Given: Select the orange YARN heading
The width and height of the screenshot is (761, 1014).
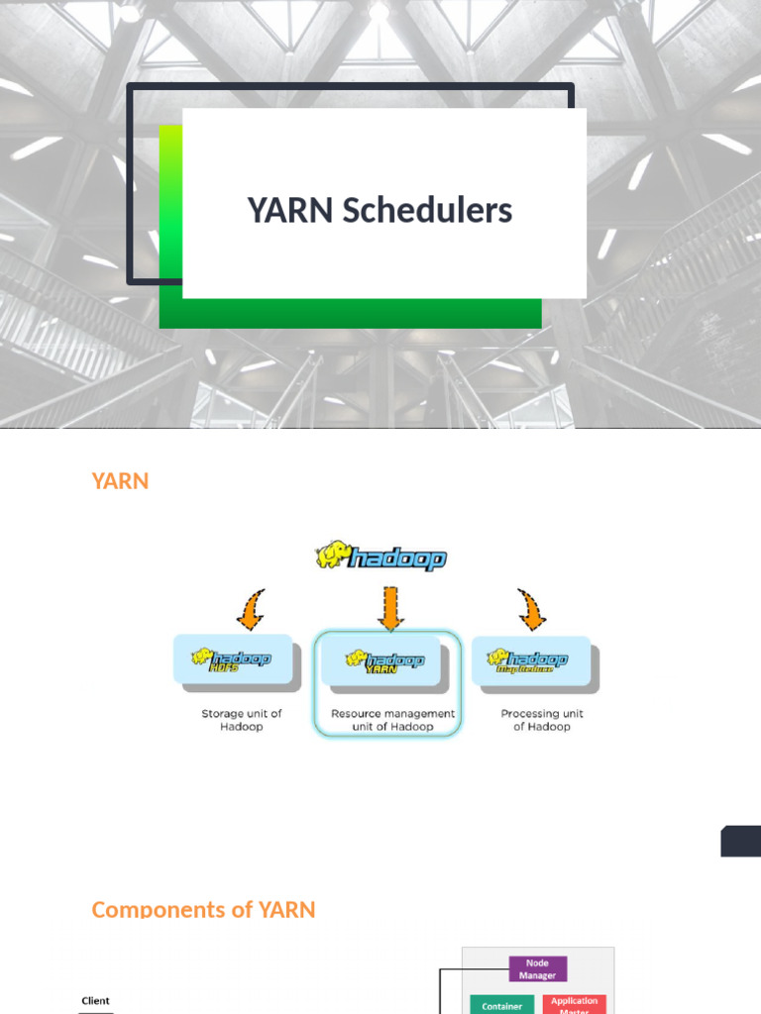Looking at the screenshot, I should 120,481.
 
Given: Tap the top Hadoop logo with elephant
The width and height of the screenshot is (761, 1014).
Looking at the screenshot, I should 381,557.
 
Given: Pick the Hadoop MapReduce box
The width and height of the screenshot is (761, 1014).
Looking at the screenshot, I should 537,660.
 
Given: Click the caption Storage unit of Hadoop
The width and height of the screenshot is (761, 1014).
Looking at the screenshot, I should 242,720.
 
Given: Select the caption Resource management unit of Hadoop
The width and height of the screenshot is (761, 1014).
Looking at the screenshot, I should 392,720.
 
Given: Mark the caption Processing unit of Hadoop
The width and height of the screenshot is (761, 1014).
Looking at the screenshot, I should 542,720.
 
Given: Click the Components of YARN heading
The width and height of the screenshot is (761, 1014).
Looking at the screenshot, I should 203,909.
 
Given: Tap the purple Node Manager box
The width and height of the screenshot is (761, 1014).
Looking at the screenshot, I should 537,968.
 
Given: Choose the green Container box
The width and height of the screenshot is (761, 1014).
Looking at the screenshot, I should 502,1004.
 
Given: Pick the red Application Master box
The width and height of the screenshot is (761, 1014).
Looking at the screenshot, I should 574,1003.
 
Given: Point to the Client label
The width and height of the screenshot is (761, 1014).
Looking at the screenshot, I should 95,1001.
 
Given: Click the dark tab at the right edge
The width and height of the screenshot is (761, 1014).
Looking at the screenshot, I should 741,841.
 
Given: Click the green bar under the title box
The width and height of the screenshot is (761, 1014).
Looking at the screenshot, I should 351,314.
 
